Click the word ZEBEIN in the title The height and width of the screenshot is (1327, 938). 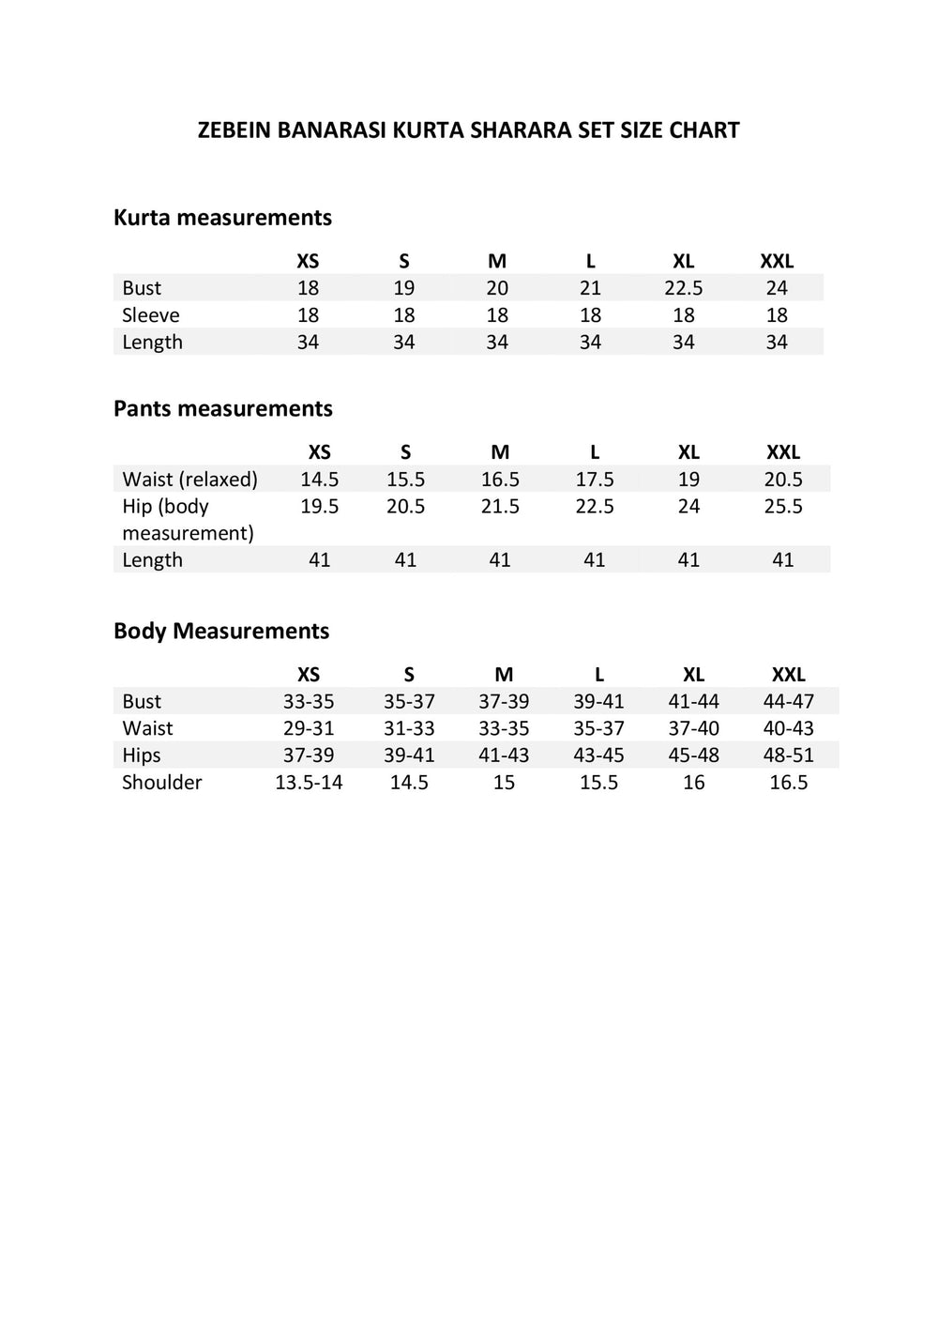coord(234,130)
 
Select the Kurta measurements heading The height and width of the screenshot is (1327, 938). coord(222,218)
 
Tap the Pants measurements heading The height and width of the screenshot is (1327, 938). coord(222,409)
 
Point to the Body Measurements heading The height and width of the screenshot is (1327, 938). coord(221,631)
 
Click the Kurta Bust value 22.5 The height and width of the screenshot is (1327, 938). coord(684,288)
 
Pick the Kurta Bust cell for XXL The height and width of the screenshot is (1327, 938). coord(777,288)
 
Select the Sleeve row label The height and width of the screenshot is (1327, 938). coord(150,315)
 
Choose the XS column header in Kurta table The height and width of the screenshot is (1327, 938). coord(308,261)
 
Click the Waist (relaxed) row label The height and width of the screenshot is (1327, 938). coord(189,480)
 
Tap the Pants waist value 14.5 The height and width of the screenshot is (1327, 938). coord(319,480)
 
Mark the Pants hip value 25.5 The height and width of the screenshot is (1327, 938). coord(783,507)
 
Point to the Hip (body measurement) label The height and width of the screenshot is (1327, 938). coord(188,520)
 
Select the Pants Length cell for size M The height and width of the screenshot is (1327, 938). coord(500,560)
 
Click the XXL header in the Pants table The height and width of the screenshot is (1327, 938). coord(783,452)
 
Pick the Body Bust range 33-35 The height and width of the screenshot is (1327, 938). coord(309,702)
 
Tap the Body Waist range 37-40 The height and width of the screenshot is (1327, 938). coord(693,729)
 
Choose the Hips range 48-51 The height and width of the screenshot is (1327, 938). coord(789,755)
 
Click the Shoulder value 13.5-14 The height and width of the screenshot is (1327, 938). coord(309,783)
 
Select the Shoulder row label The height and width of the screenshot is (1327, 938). coord(161,783)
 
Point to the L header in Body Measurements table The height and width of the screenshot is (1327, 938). coord(599,675)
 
